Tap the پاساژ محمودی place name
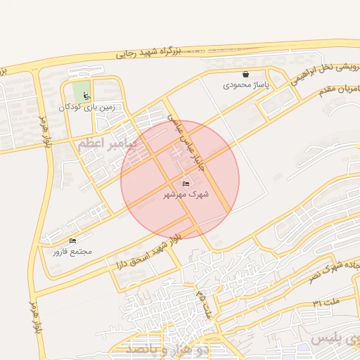click(x=245, y=84)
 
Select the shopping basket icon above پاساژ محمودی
click(x=245, y=74)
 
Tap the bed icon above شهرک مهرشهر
click(x=186, y=184)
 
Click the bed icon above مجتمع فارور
click(x=72, y=241)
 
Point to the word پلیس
click(x=330, y=340)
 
